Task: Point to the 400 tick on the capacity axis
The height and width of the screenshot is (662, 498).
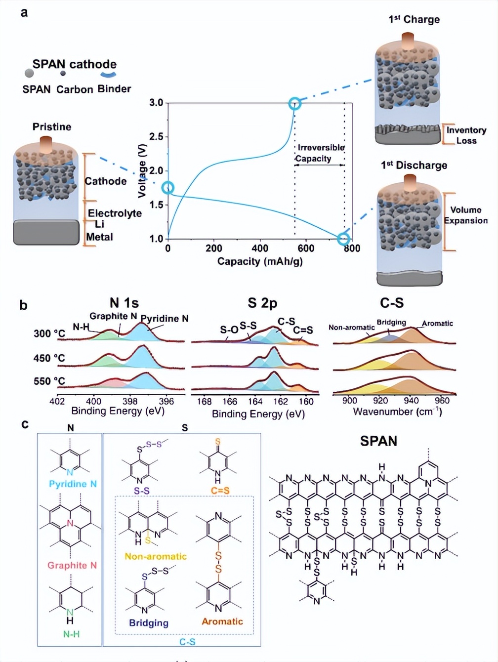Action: click(260, 248)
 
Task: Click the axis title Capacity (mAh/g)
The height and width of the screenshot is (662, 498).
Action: click(260, 261)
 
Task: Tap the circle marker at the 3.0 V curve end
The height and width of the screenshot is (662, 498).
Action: click(294, 103)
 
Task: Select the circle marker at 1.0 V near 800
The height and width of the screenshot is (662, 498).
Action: click(343, 239)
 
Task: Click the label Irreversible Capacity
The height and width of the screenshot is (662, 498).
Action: click(320, 153)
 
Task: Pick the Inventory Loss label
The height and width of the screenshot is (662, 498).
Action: click(466, 135)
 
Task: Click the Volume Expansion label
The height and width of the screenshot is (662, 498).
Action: click(466, 215)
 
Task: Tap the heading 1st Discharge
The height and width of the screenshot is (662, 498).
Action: click(414, 165)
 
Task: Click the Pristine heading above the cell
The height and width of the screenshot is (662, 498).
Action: click(52, 126)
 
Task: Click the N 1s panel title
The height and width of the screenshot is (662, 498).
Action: click(124, 303)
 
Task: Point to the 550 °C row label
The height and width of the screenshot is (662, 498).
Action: click(49, 381)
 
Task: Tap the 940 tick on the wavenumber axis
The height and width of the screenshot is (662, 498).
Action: click(411, 401)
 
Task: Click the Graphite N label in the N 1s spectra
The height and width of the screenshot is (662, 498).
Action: click(113, 316)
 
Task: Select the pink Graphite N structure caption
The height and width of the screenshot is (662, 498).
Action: click(72, 566)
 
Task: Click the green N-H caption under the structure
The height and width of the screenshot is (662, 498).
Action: click(72, 634)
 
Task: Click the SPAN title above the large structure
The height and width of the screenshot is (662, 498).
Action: click(378, 441)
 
